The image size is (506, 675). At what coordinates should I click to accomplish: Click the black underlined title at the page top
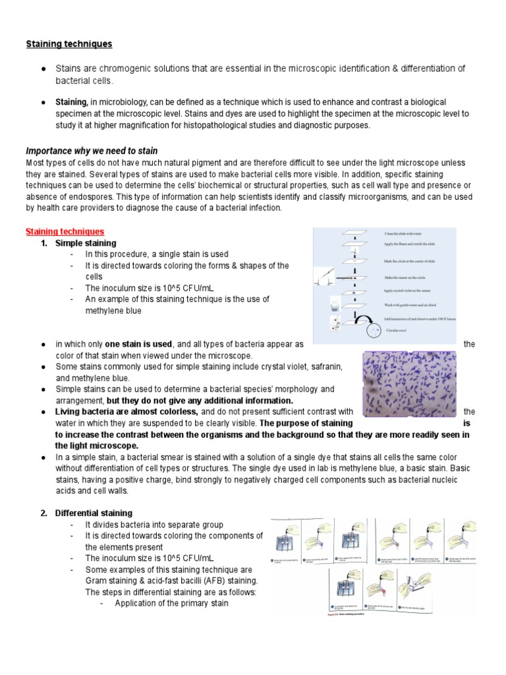click(x=69, y=44)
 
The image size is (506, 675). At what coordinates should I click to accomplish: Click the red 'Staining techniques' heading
click(x=65, y=231)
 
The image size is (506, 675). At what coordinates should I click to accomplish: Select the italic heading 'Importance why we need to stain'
click(x=92, y=151)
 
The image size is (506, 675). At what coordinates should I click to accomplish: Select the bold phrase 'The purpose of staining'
click(x=306, y=423)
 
